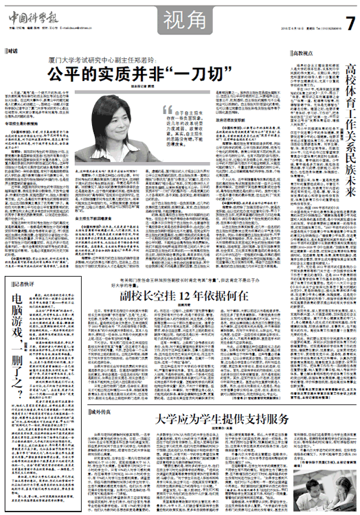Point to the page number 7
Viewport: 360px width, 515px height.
pyautogui.click(x=350, y=22)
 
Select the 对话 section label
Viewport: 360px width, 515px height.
pyautogui.click(x=12, y=49)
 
